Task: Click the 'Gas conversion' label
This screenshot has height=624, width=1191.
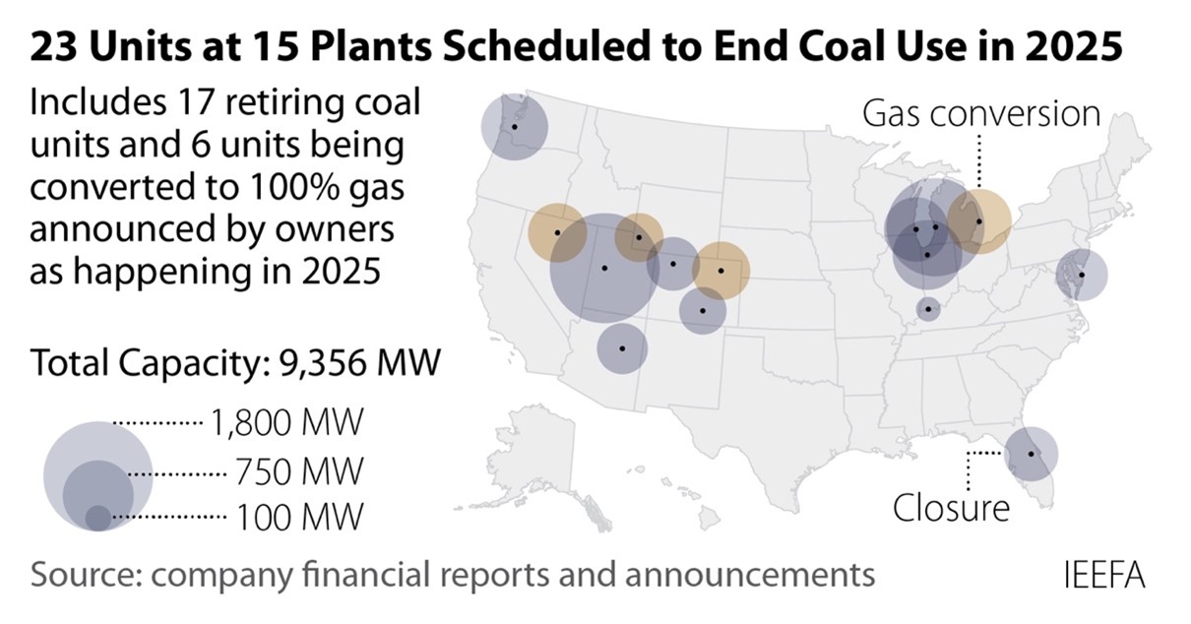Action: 980,113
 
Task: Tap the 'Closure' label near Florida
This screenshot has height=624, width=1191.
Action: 951,508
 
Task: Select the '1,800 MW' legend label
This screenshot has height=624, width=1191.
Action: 285,424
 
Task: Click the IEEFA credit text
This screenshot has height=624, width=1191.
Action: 1104,574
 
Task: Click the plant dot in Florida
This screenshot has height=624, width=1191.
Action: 1031,454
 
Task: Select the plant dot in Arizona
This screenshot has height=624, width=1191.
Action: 622,347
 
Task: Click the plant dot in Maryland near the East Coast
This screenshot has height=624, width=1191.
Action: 1081,275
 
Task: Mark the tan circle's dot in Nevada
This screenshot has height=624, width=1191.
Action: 557,232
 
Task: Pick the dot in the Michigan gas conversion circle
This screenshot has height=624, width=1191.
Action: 978,220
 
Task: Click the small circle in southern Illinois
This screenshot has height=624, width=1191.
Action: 927,309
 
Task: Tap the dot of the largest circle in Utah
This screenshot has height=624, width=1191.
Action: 604,268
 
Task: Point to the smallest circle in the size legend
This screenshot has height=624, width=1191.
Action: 97,517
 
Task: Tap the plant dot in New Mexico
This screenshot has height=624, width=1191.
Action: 703,310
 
